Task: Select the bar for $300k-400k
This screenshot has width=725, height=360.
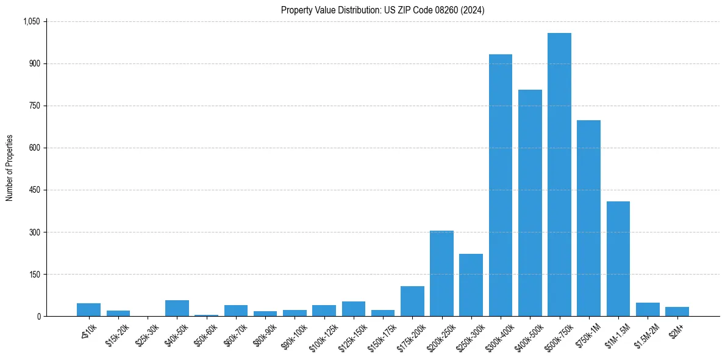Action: coord(501,185)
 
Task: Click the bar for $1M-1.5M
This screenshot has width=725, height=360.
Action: coord(618,259)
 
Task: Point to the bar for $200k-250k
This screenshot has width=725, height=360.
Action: coord(441,273)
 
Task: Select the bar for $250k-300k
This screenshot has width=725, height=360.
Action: coord(471,285)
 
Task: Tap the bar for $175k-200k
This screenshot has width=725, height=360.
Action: coord(412,301)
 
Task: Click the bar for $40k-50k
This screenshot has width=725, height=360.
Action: coord(177,308)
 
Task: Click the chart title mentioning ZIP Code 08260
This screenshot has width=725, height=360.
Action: coord(383,10)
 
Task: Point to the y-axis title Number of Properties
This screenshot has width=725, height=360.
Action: coord(10,168)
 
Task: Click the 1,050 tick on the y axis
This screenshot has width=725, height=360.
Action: coord(31,21)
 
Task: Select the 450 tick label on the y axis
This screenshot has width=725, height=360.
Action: coord(34,190)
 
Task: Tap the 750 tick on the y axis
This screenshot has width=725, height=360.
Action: coord(34,106)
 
